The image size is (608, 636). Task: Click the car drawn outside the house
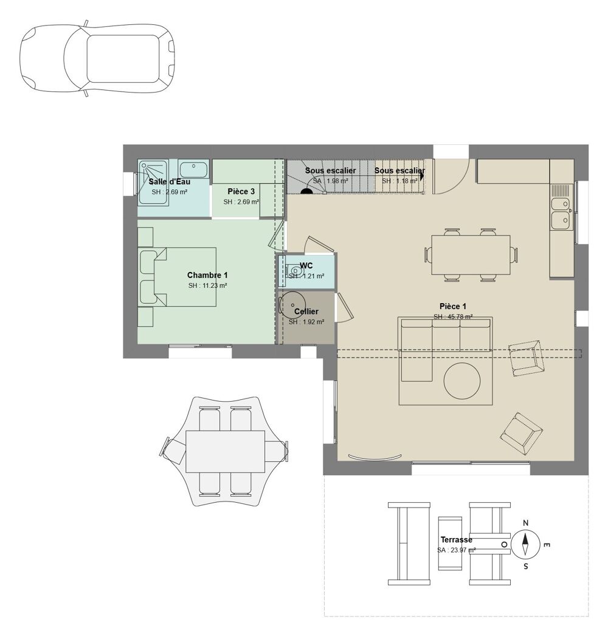tap(97, 59)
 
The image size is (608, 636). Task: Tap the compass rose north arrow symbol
tap(526, 543)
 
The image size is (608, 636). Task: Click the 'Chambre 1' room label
tap(207, 275)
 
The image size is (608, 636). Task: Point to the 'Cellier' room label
tap(306, 312)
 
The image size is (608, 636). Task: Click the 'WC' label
tap(306, 265)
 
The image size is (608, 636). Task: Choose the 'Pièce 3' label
tap(241, 191)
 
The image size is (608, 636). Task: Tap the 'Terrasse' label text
tap(456, 539)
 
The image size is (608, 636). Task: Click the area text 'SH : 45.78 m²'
tap(453, 317)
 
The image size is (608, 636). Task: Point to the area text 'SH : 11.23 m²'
tap(207, 285)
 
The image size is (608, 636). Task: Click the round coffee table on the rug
tap(462, 381)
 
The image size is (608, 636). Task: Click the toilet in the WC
tap(294, 271)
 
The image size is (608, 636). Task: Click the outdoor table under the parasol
tap(225, 451)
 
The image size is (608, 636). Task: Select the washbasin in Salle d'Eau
tap(195, 169)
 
